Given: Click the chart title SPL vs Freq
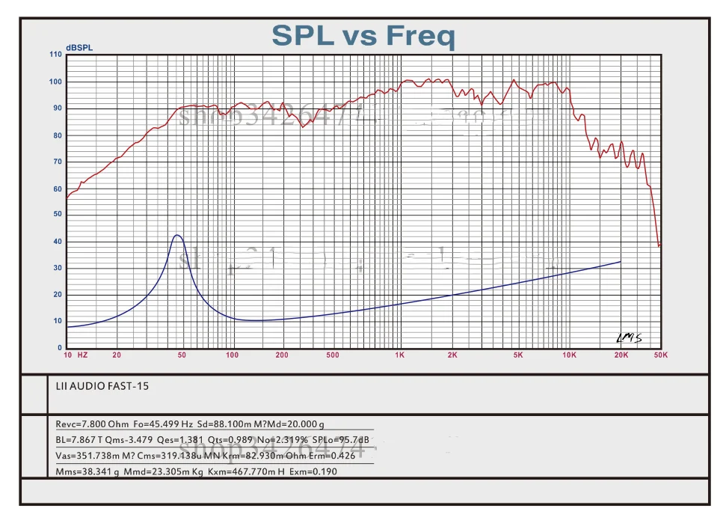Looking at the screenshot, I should [x=363, y=35].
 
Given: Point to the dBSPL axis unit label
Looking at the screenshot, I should [x=79, y=48].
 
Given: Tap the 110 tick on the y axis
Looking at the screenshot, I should [x=55, y=55].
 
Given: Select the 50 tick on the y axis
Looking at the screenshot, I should [x=58, y=215].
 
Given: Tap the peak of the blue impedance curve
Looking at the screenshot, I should [x=177, y=235].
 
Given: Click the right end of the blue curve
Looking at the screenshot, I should [x=621, y=262].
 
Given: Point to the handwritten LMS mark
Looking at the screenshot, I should [x=629, y=338].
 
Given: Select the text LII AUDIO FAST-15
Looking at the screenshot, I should [x=97, y=387].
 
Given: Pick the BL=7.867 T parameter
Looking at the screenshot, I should [x=81, y=439].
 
